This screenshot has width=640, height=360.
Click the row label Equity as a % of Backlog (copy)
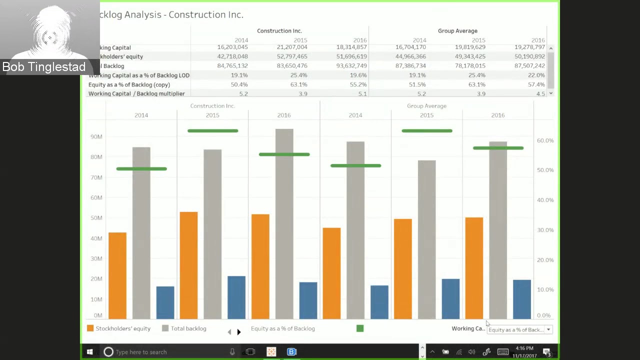point(129,84)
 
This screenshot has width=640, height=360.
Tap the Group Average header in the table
point(457,31)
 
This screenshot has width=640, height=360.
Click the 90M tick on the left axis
point(96,136)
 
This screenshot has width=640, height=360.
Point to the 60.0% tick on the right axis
point(545,140)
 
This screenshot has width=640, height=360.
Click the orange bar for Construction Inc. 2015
point(188,265)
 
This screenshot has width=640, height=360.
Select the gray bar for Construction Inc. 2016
point(284,223)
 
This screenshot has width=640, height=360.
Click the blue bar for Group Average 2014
point(379,302)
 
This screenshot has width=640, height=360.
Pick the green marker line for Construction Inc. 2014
point(141,169)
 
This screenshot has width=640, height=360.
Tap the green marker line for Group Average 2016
point(498,148)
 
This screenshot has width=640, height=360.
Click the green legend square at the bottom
point(360,328)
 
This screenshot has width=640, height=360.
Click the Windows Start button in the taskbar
point(89,352)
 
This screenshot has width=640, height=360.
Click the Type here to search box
point(165,352)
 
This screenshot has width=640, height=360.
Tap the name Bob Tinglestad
point(44,67)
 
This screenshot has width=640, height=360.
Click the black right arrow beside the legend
point(239,332)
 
